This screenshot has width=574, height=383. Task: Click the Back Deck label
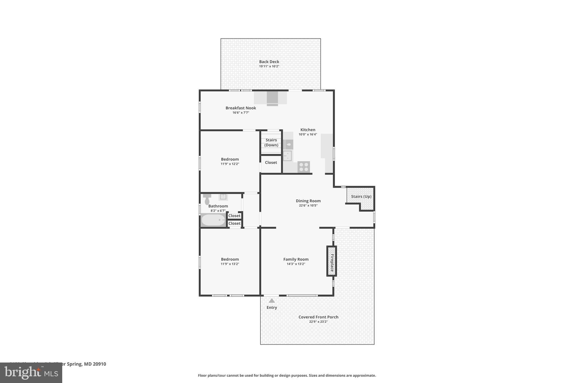[269, 62]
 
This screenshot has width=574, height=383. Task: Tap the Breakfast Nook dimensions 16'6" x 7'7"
[241, 113]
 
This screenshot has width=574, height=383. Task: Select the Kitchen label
[308, 130]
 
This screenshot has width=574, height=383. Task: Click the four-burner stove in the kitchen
[304, 167]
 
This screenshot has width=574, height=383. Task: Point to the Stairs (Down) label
[271, 143]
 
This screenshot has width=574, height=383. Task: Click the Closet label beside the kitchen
[271, 162]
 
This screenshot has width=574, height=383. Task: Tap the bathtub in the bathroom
[213, 220]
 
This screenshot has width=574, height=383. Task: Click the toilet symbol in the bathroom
[207, 199]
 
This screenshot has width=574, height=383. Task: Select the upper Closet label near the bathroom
[234, 216]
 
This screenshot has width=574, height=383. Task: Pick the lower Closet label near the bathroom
[234, 223]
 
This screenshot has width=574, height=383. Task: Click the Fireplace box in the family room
[332, 261]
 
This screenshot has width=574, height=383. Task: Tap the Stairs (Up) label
[361, 196]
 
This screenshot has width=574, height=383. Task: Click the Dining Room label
[308, 201]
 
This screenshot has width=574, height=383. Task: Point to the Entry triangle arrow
[272, 301]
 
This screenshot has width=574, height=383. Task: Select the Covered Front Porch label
[318, 317]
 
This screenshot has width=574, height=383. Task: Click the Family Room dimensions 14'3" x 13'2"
[296, 264]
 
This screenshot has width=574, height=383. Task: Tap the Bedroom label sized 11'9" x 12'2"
[230, 159]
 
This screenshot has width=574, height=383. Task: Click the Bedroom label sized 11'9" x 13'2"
[230, 259]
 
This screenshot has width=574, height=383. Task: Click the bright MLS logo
[31, 373]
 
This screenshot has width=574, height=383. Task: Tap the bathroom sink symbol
[223, 197]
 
